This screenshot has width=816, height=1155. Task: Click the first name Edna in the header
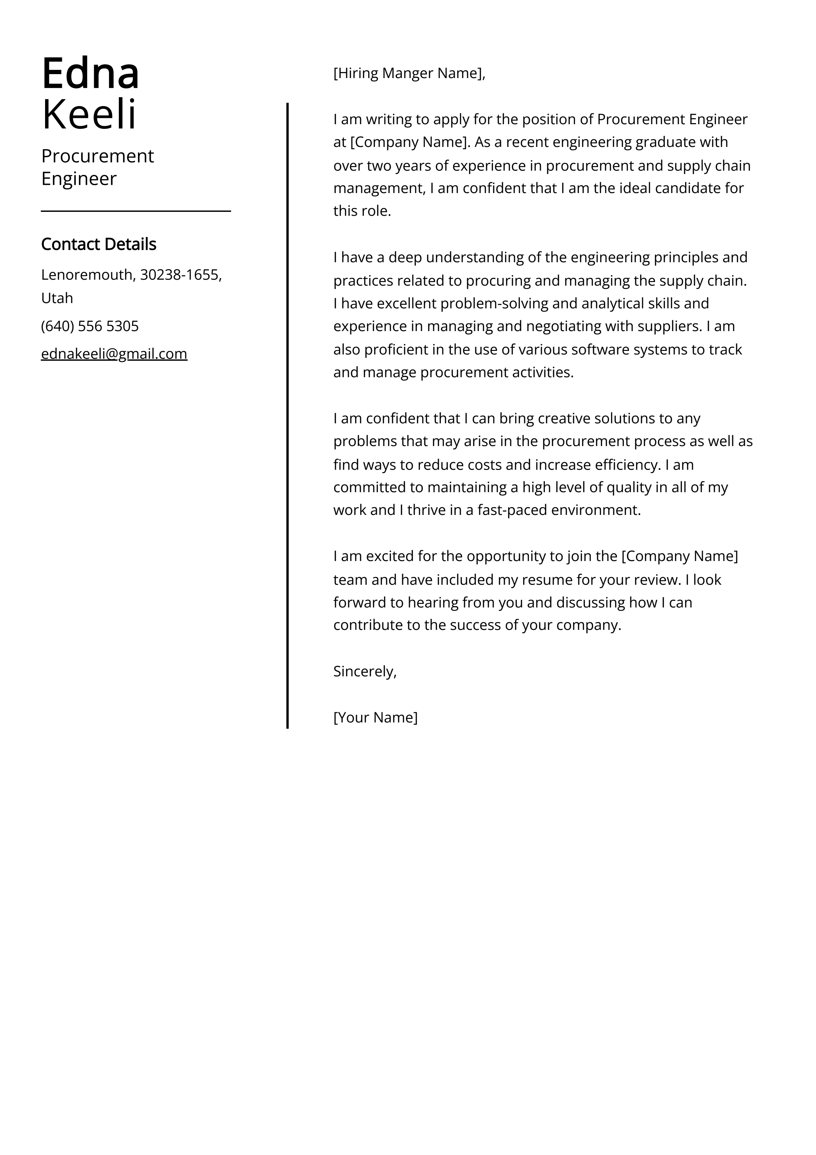91,74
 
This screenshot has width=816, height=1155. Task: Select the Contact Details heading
98,244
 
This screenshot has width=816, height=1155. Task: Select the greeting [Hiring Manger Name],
409,73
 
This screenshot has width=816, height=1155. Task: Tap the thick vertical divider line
288,415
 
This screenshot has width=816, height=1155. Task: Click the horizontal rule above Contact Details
136,211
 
